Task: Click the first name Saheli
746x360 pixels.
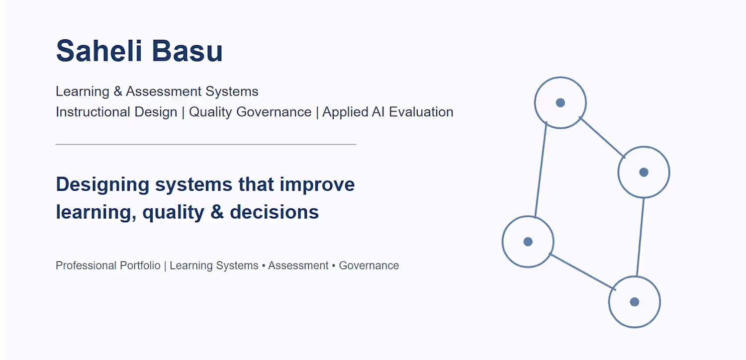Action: [x=99, y=51]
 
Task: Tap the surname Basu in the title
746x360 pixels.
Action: [x=187, y=51]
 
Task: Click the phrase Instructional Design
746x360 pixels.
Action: [x=116, y=112]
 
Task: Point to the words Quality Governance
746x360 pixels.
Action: [x=250, y=112]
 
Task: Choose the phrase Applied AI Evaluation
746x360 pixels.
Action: [x=387, y=112]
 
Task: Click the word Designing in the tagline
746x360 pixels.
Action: [x=102, y=185]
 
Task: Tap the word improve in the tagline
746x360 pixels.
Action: [x=317, y=185]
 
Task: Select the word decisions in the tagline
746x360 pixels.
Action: [x=275, y=212]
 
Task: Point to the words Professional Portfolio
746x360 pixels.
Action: [x=108, y=266]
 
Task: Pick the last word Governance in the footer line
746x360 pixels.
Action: [x=369, y=266]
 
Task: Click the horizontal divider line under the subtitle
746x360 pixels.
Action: [x=206, y=145]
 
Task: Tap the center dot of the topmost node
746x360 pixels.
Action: [x=560, y=103]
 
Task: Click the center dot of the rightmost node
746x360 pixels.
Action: [x=644, y=172]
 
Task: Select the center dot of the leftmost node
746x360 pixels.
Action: [x=528, y=242]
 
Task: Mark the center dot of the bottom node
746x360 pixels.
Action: [x=635, y=302]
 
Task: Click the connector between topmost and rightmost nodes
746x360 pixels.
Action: [x=602, y=137]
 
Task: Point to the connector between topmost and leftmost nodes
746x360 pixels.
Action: [x=541, y=170]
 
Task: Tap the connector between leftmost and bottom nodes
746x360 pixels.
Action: [x=582, y=272]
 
